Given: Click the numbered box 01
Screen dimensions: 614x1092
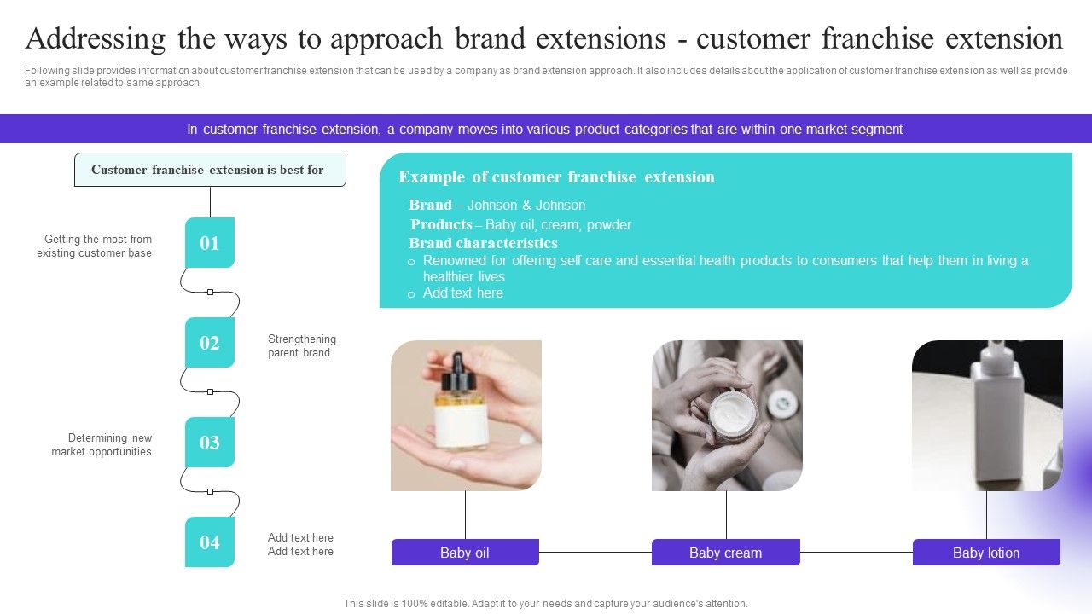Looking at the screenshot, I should (210, 243).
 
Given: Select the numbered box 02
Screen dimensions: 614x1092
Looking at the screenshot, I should (210, 343).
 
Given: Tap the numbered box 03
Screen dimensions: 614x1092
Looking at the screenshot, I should (210, 443).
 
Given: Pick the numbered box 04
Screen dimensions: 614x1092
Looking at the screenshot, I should (210, 542).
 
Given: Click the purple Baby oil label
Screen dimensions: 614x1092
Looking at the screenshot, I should (465, 553).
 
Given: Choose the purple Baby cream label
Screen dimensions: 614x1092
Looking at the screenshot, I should (725, 553).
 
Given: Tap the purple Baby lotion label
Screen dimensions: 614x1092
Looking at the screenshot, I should (986, 553).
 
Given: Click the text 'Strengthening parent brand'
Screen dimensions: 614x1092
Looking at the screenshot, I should (301, 346).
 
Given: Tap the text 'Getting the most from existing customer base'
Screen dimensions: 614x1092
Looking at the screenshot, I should (95, 246).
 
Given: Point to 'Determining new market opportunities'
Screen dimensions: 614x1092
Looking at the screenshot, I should (102, 445).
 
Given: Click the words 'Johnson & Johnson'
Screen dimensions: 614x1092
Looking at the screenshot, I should (526, 206).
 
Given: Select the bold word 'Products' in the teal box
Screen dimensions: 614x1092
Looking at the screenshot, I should (441, 225).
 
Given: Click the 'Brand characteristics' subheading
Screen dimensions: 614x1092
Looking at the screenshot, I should (483, 243).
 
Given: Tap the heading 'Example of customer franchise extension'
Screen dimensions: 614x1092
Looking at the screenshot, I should (556, 177).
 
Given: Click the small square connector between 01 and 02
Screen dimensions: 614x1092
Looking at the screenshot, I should (210, 292).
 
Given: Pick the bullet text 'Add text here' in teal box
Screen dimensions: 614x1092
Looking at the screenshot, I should (463, 293).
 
